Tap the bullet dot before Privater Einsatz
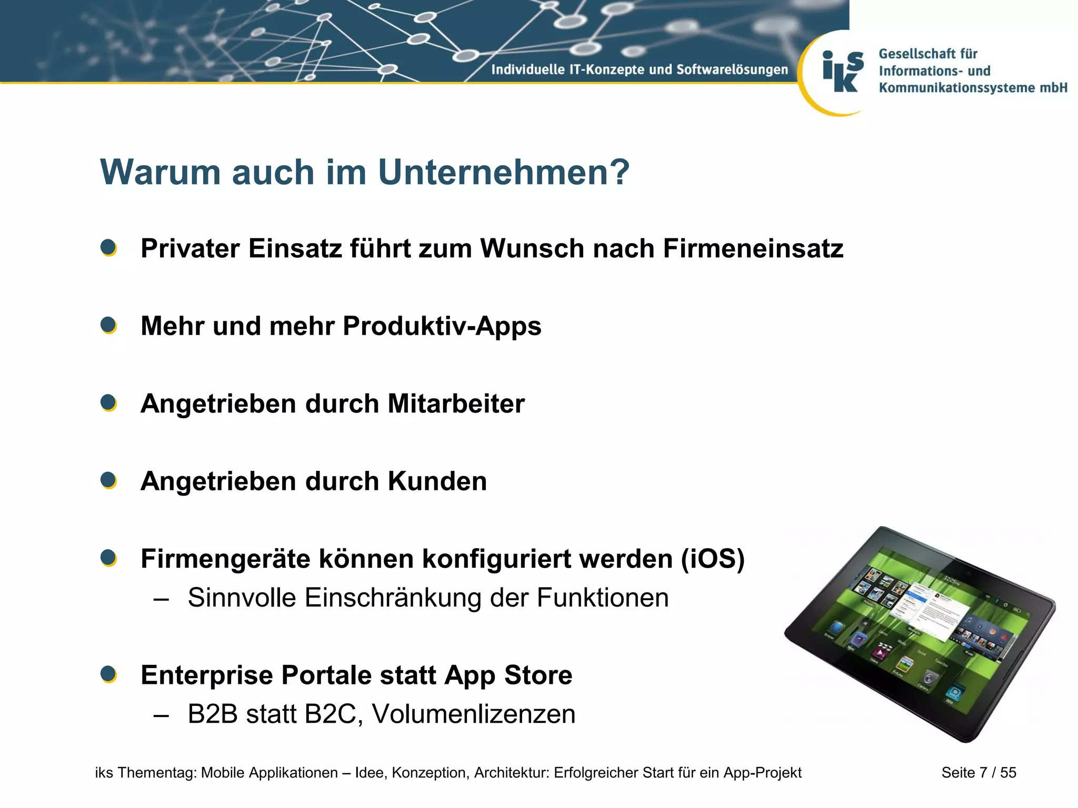point(108,248)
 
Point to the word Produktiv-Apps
point(442,327)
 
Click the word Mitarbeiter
point(456,404)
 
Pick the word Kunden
point(437,481)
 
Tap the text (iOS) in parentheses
point(713,559)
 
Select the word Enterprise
point(207,675)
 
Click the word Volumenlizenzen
point(473,714)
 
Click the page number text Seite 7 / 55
point(979,772)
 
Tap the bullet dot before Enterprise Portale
point(108,674)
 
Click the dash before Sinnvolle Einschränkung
point(161,599)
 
